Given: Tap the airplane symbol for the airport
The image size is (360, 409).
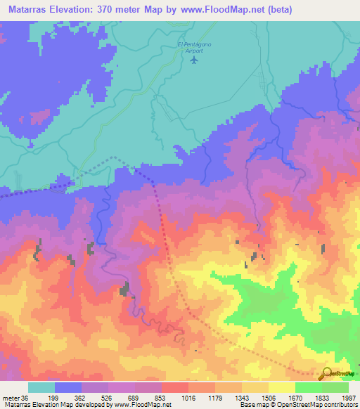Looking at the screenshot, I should click(x=194, y=60).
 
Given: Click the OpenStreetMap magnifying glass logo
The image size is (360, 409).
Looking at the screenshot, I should click(x=326, y=375).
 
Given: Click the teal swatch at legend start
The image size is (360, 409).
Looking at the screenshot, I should click(x=41, y=387).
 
